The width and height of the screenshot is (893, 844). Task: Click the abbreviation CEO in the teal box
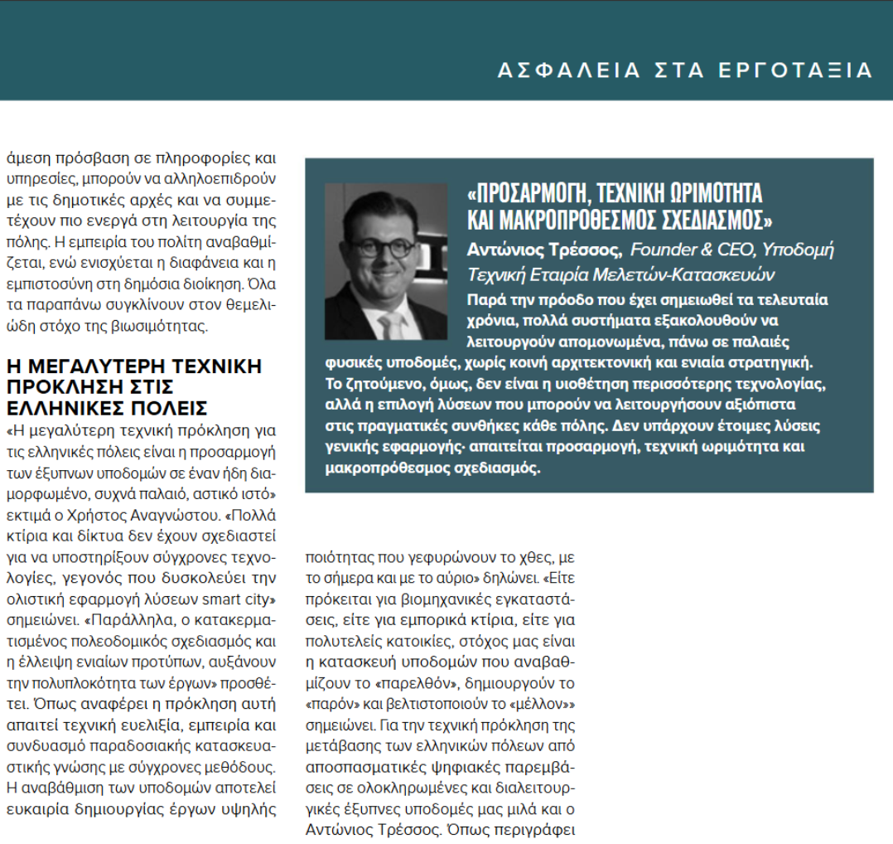[x=727, y=250]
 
